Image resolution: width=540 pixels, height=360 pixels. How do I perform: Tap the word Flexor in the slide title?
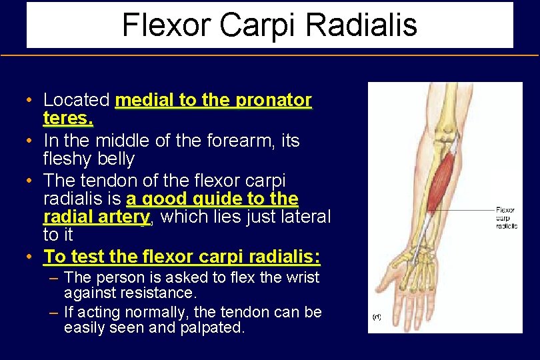click(x=166, y=25)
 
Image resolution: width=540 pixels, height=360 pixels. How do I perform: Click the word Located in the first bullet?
click(x=77, y=101)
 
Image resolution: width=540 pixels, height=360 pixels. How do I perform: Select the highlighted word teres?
click(x=68, y=119)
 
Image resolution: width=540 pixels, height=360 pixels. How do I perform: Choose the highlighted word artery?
click(x=121, y=217)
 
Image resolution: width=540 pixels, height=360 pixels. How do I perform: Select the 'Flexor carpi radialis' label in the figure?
click(x=505, y=218)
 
